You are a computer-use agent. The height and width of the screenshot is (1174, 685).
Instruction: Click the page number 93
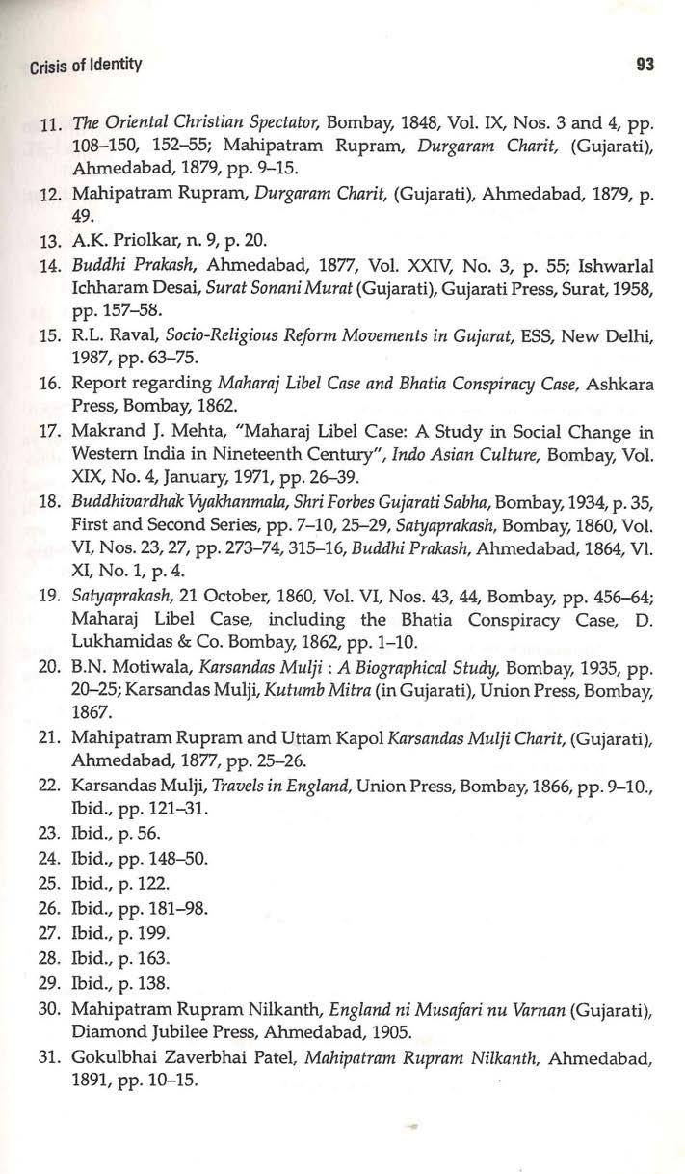[645, 66]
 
